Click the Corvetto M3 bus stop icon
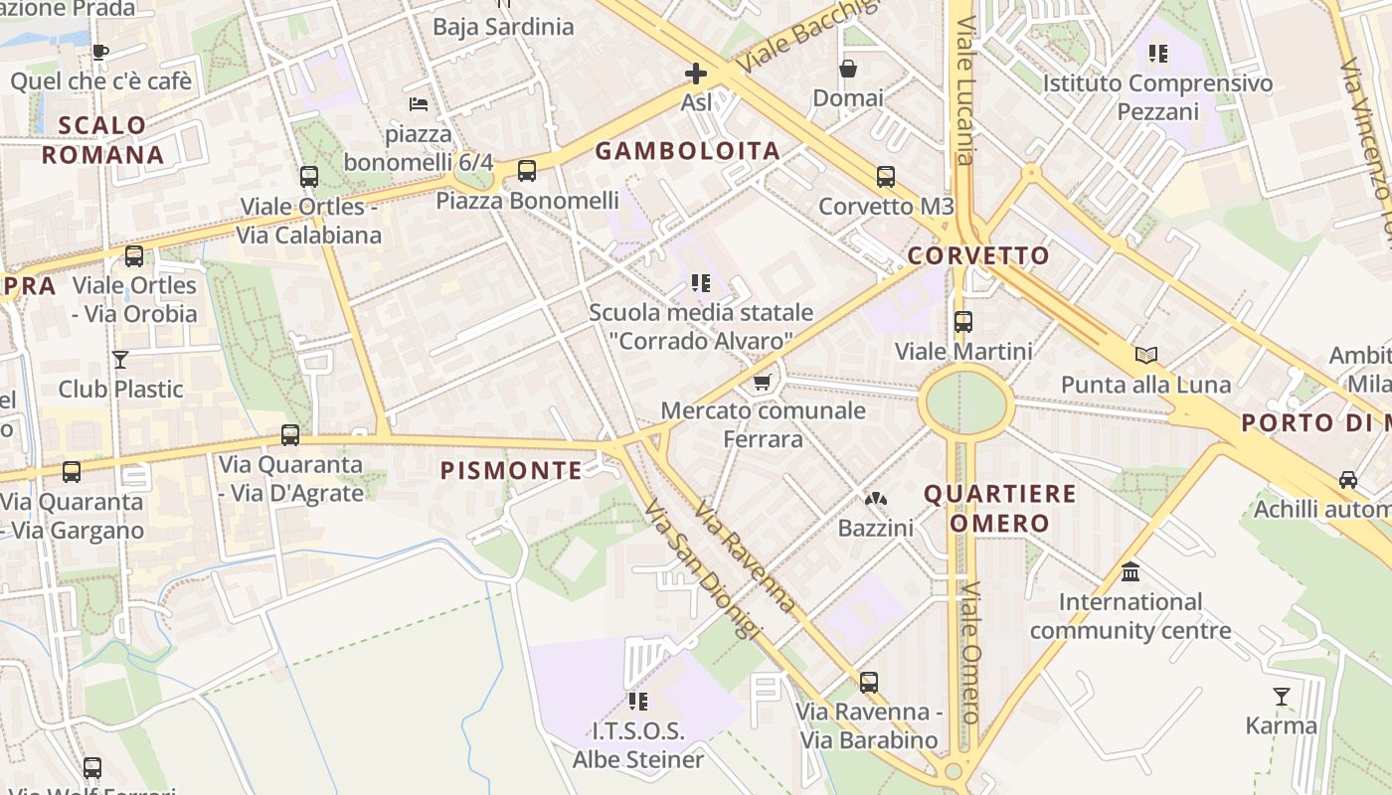(886, 177)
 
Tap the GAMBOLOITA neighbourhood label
(687, 151)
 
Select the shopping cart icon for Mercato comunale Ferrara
(763, 382)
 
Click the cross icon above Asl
(696, 73)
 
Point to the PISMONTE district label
(511, 471)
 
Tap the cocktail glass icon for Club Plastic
(120, 359)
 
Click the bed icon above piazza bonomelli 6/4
(419, 104)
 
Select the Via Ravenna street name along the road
(745, 556)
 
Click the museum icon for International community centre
(1131, 572)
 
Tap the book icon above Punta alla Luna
(1145, 355)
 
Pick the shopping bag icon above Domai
(848, 69)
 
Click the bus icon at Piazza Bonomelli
(527, 171)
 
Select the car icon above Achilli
(1347, 479)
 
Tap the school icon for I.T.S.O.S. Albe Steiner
(638, 702)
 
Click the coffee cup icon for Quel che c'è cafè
(99, 52)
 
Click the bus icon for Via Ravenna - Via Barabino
(869, 683)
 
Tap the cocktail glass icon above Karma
(1282, 697)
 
